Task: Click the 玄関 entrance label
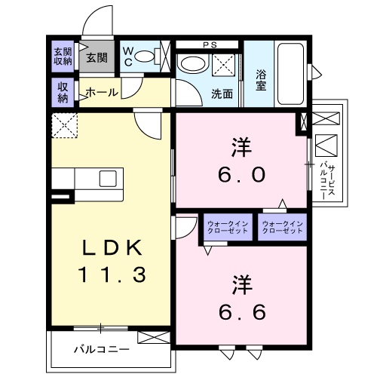coord(97,58)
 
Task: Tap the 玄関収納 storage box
coord(63,57)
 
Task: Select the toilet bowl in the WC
coord(144,57)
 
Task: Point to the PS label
coord(210,45)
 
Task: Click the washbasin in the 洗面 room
coord(193,64)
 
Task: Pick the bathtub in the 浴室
coord(290,74)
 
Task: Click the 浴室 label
coord(261,80)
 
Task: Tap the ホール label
coord(102,93)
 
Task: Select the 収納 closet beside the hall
coord(63,93)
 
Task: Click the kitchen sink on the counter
coord(108,179)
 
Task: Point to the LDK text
coord(112,247)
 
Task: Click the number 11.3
coord(112,274)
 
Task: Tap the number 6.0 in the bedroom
coord(241,175)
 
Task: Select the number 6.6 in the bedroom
coord(242,312)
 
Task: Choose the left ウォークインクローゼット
coord(228,227)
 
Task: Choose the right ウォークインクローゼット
coord(283,227)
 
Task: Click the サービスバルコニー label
coord(327,180)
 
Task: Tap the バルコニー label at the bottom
coord(102,349)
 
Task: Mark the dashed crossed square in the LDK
coord(65,125)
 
